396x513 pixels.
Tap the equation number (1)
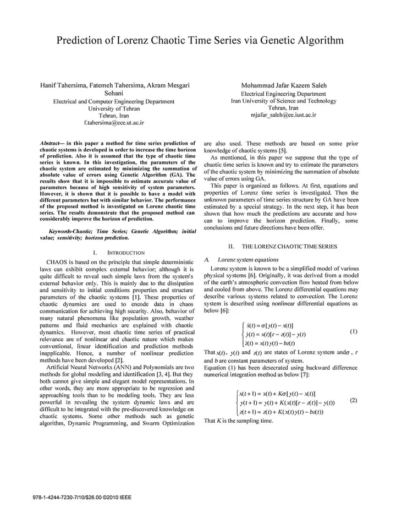pos(354,332)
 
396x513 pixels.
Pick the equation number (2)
pos(354,400)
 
